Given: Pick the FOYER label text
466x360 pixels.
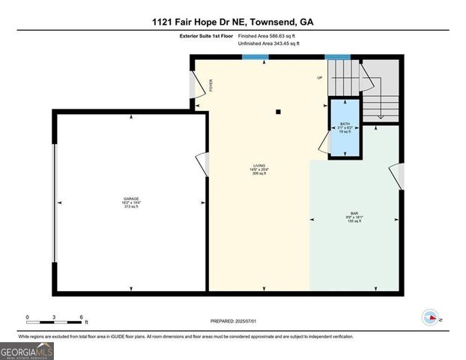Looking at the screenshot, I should click(x=211, y=85).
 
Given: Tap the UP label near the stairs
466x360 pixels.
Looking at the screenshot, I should click(x=320, y=78).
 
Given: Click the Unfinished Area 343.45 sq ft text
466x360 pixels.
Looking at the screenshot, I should click(x=268, y=44).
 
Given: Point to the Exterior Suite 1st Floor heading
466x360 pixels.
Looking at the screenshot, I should click(x=206, y=35).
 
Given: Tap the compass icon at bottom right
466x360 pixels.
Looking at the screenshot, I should click(x=430, y=317).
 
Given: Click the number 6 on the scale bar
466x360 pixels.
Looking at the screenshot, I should click(x=81, y=316).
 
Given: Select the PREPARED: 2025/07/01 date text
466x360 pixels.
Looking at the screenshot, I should click(x=232, y=321).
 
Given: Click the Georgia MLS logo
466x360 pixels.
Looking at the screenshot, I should click(x=26, y=349).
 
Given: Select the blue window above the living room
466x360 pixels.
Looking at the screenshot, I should click(x=257, y=56).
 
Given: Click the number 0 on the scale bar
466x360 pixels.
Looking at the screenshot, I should click(x=27, y=316).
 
